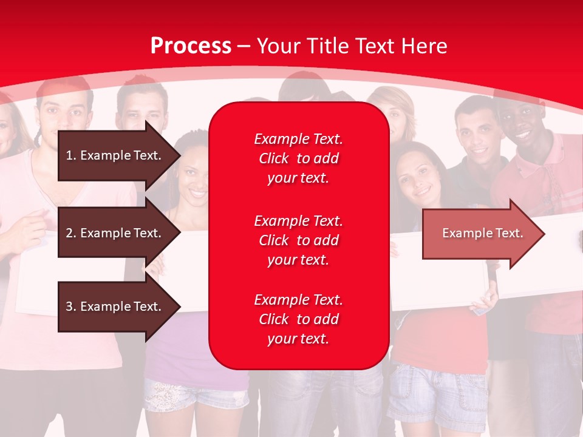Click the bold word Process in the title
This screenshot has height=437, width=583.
[191, 46]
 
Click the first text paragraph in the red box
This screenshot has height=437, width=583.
[298, 158]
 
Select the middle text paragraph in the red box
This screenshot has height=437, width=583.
[298, 240]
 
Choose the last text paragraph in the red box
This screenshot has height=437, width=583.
[298, 319]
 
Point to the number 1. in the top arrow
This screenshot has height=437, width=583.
[71, 155]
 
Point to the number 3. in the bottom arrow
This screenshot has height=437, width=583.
[71, 307]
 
